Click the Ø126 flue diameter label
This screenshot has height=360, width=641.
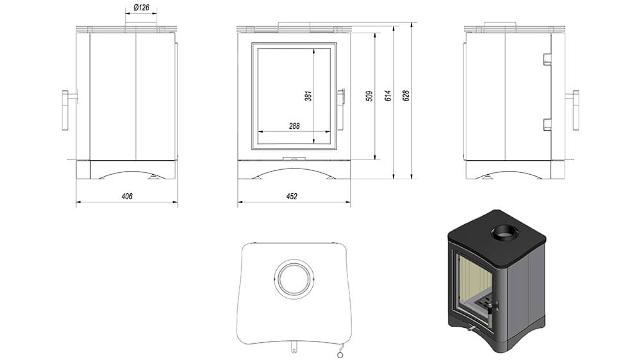click(x=141, y=7)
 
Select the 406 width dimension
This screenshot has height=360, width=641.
click(x=127, y=196)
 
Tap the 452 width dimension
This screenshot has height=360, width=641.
click(x=292, y=196)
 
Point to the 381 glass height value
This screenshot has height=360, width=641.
click(x=308, y=97)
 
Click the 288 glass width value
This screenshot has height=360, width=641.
click(x=294, y=126)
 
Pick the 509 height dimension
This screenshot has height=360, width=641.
click(x=369, y=96)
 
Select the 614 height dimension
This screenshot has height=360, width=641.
click(x=388, y=96)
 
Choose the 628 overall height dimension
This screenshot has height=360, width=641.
click(x=406, y=95)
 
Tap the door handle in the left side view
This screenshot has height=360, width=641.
click(x=65, y=110)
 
